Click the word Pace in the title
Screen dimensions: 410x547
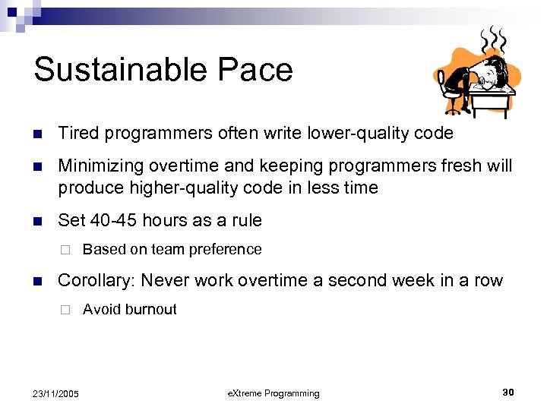260,70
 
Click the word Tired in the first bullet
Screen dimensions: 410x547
80,134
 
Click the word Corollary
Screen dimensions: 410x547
96,281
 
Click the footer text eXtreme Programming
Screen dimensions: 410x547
273,393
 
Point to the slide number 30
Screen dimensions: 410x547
507,393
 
